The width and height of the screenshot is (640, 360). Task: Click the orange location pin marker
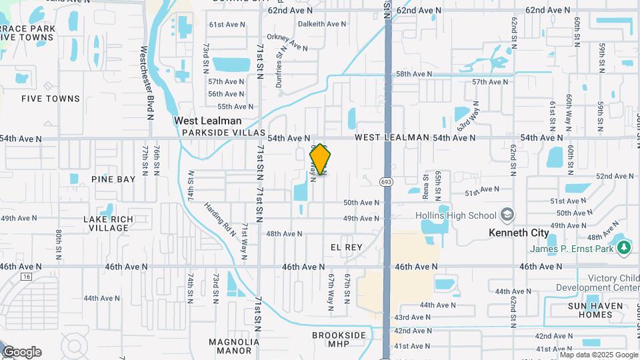321,159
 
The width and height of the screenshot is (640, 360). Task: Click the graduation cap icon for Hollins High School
508,215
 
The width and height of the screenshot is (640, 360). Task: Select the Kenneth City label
519,233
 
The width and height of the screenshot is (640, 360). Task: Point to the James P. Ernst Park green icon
623,249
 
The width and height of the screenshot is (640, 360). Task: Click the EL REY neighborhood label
347,247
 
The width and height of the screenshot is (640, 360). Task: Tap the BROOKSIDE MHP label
339,339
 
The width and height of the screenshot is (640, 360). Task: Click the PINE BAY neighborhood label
113,179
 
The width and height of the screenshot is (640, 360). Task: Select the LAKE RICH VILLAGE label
109,223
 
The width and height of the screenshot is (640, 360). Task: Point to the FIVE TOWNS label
51,99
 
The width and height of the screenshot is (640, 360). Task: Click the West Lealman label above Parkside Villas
207,121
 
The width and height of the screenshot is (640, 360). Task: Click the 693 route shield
386,181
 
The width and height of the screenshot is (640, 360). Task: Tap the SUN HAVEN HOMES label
596,311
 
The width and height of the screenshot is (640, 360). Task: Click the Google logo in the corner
21,352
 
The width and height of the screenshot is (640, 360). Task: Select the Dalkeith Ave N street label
322,24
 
